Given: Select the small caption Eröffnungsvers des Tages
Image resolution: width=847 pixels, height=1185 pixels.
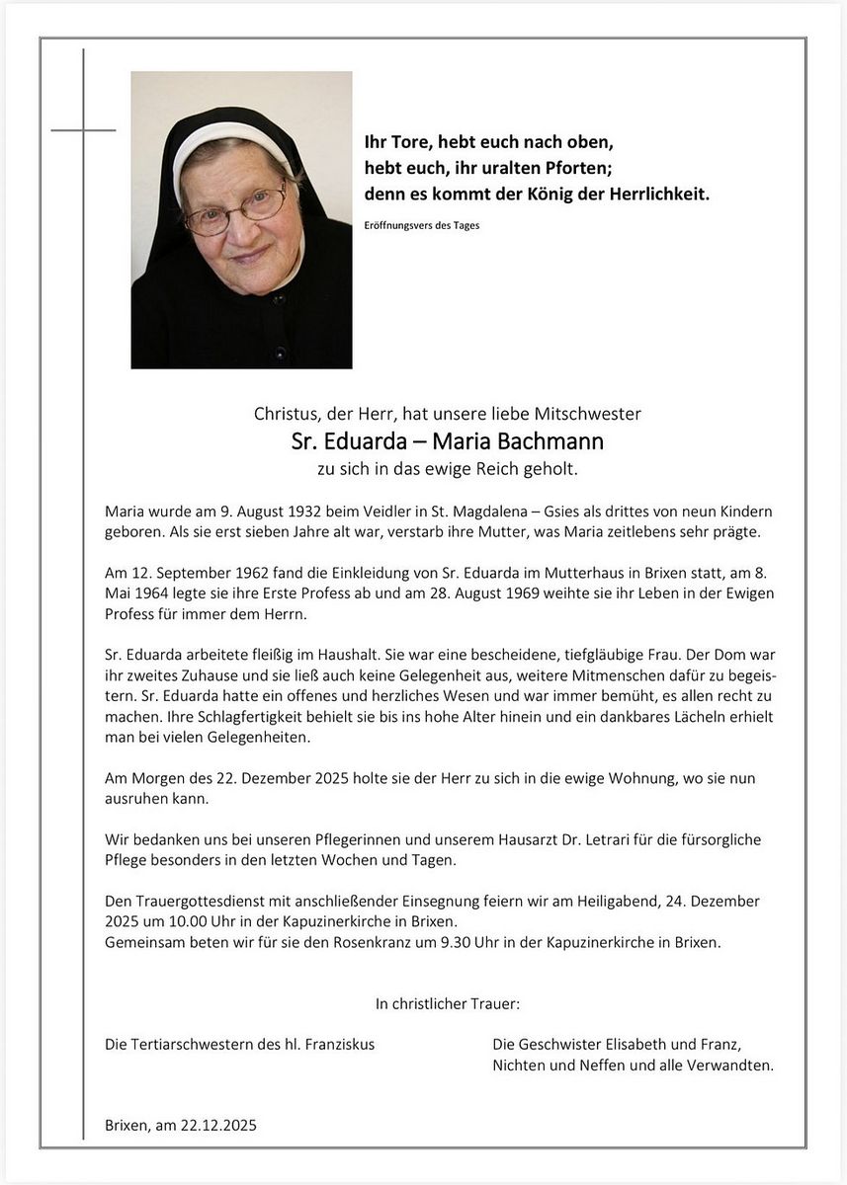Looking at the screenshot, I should point(422,226).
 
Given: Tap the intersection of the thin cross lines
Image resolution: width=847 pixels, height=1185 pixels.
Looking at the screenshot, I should point(84,129).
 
